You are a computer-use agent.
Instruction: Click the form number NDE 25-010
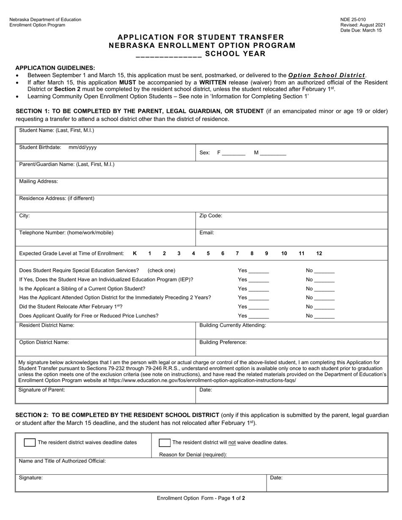pyautogui.click(x=353, y=19)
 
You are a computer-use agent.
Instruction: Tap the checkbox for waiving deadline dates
pyautogui.click(x=30, y=443)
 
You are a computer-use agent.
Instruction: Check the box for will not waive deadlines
pyautogui.click(x=165, y=443)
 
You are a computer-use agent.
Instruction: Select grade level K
pyautogui.click(x=135, y=254)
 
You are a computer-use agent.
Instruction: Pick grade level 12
pyautogui.click(x=319, y=254)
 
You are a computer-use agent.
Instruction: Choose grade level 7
pyautogui.click(x=237, y=254)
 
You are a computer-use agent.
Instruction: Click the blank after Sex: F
pyautogui.click(x=234, y=153)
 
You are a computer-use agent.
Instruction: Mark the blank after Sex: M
pyautogui.click(x=273, y=153)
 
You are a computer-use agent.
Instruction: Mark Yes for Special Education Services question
pyautogui.click(x=259, y=271)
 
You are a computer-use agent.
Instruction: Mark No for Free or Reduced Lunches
pyautogui.click(x=324, y=316)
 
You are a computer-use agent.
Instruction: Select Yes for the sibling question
pyautogui.click(x=259, y=289)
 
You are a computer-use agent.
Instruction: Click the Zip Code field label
pyautogui.click(x=211, y=216)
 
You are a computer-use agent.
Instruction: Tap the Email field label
pyautogui.click(x=207, y=233)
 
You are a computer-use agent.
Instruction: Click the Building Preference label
pyautogui.click(x=223, y=342)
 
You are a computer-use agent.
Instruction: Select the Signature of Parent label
pyautogui.click(x=42, y=390)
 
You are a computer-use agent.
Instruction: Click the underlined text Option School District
pyautogui.click(x=327, y=75)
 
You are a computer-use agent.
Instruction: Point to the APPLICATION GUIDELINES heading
pyautogui.click(x=55, y=68)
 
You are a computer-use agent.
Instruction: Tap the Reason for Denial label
pyautogui.click(x=193, y=455)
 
